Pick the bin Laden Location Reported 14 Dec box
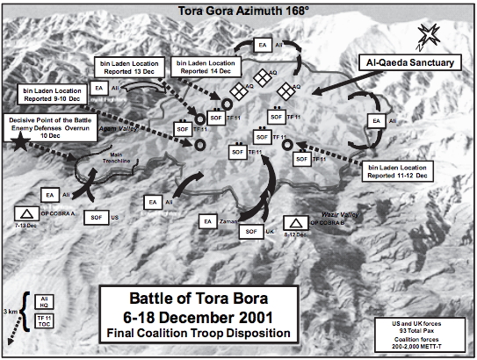(205, 68)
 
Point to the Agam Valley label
(125, 128)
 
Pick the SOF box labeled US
(95, 214)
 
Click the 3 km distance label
(11, 311)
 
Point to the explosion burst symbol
(430, 36)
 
